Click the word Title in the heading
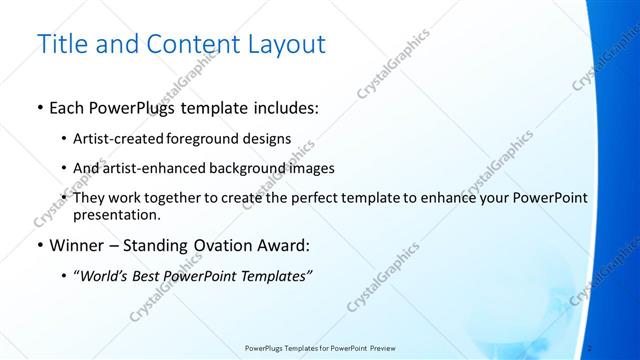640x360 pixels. pyautogui.click(x=59, y=44)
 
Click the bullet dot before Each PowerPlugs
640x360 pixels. pyautogui.click(x=39, y=108)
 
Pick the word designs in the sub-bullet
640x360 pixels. pyautogui.click(x=265, y=139)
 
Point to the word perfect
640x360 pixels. pyautogui.click(x=337, y=198)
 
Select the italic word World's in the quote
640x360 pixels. pyautogui.click(x=103, y=276)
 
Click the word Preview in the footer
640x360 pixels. pyautogui.click(x=381, y=347)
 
